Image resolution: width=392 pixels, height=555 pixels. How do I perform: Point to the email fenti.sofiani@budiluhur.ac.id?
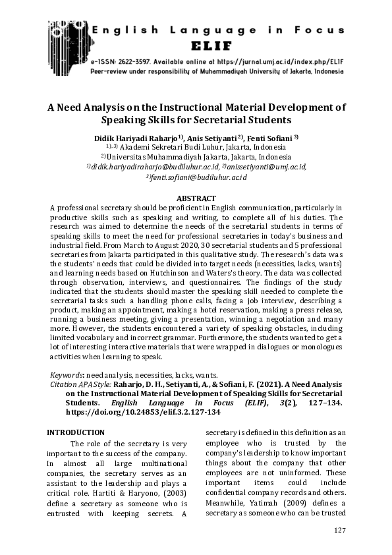pyautogui.click(x=196, y=178)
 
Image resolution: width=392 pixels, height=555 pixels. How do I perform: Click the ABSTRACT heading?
pyautogui.click(x=196, y=198)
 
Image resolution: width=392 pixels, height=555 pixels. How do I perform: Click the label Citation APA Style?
pyautogui.click(x=82, y=383)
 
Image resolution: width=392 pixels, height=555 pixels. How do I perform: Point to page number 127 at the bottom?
pyautogui.click(x=340, y=531)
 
